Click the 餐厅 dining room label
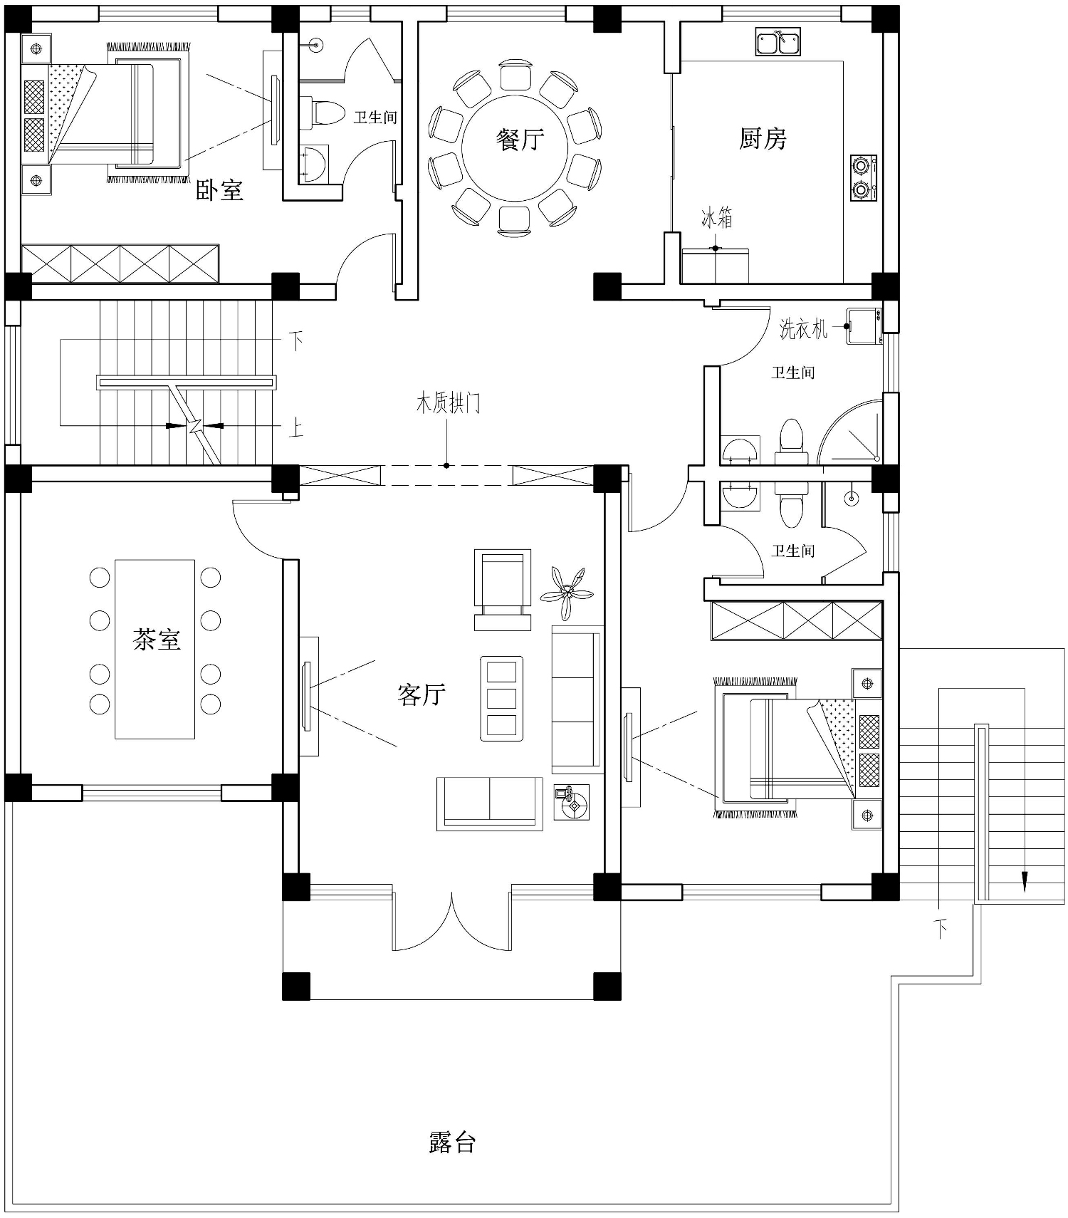[520, 139]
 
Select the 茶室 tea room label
[157, 639]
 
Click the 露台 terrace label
[452, 1142]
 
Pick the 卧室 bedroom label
[220, 189]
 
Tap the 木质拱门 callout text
[448, 404]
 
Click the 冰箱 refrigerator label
[717, 217]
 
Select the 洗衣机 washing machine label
[804, 328]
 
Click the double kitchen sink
[778, 42]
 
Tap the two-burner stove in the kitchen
[863, 178]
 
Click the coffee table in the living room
[501, 698]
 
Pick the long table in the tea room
[155, 649]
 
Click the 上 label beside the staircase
[295, 428]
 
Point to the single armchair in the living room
[503, 590]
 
